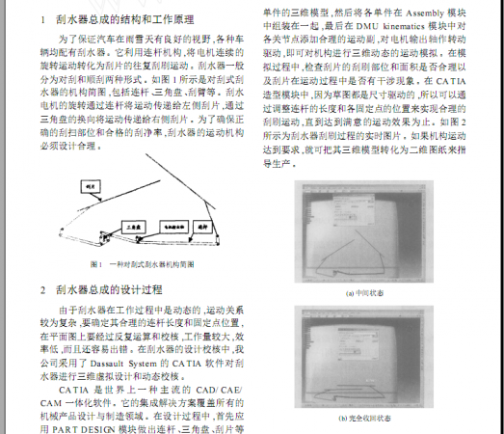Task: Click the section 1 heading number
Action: click(42, 19)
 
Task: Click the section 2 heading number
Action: click(42, 288)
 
